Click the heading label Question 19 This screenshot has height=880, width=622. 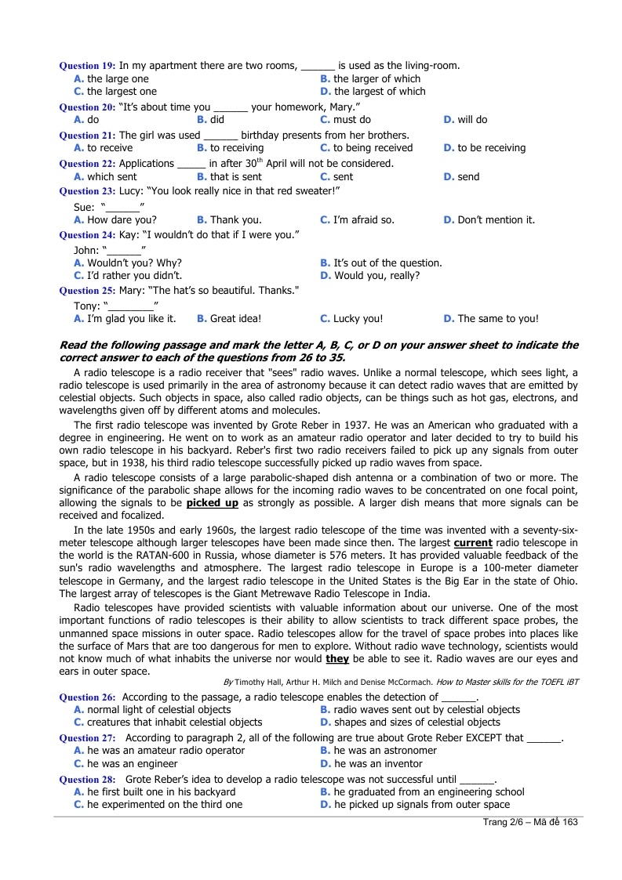[x=88, y=66]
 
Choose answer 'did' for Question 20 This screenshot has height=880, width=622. [x=216, y=120]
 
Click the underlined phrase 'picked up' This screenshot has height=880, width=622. [x=213, y=502]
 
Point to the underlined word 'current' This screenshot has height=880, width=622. [x=473, y=542]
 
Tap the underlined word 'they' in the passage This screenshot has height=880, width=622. [x=337, y=659]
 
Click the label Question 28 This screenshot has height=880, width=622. [x=88, y=780]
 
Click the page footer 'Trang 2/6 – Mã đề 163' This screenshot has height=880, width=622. [x=530, y=822]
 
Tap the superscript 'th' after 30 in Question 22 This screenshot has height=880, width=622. [x=271, y=161]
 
